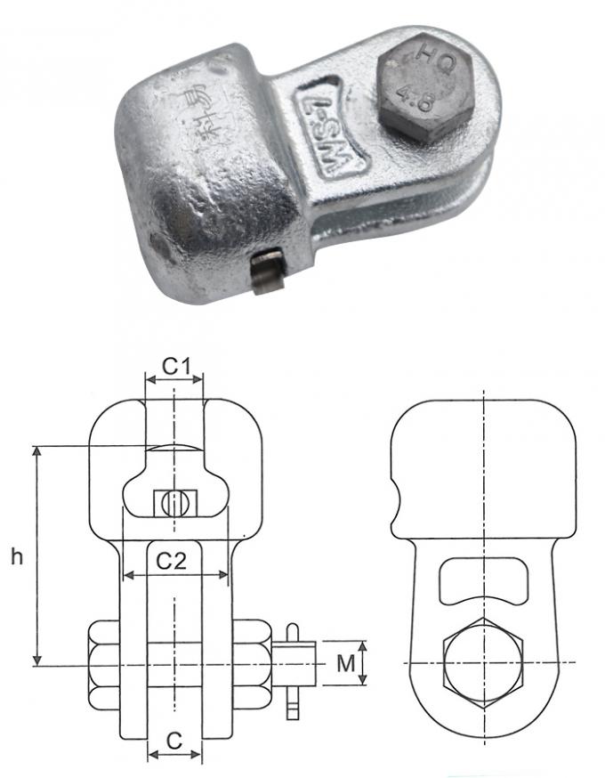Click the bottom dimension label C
(174, 739)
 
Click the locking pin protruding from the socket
(266, 271)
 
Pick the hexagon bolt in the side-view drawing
(483, 664)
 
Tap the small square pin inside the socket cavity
(175, 503)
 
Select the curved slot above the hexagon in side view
(482, 583)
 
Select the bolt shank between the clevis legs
(175, 664)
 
